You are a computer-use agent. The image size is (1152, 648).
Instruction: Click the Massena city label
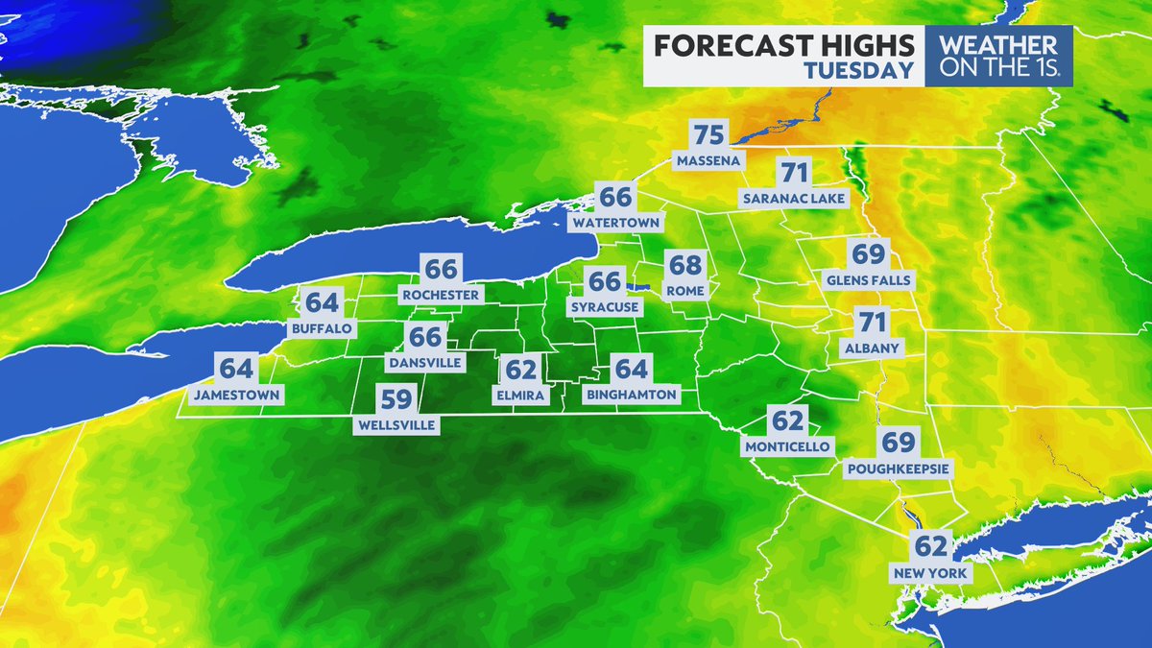pyautogui.click(x=708, y=160)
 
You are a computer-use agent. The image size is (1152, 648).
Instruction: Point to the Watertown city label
pyautogui.click(x=615, y=223)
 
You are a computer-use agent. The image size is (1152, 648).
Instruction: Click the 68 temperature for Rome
pyautogui.click(x=685, y=266)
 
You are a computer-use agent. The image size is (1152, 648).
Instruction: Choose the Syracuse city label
pyautogui.click(x=605, y=307)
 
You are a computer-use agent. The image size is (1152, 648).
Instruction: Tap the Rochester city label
pyautogui.click(x=442, y=295)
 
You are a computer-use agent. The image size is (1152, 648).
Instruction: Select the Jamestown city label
pyautogui.click(x=236, y=394)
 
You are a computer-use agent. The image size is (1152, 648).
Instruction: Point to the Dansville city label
pyautogui.click(x=424, y=363)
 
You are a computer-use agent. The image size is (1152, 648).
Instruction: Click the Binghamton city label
pyautogui.click(x=631, y=394)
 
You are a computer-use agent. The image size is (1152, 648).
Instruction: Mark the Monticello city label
pyautogui.click(x=787, y=446)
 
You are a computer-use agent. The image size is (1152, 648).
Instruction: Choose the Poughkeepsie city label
pyautogui.click(x=898, y=468)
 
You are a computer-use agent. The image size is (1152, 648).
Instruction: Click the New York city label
pyautogui.click(x=930, y=573)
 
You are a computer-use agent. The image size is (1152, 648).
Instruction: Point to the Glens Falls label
pyautogui.click(x=867, y=280)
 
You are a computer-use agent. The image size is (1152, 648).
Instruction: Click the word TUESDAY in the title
pyautogui.click(x=858, y=70)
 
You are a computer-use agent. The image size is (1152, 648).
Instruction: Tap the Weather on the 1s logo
pyautogui.click(x=998, y=56)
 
